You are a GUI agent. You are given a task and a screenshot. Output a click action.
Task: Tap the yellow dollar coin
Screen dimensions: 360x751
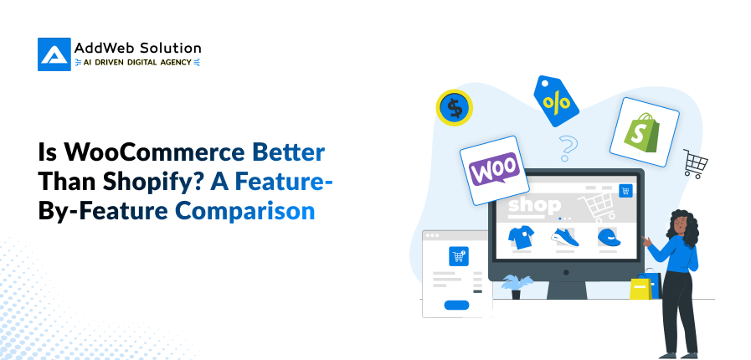pyautogui.click(x=455, y=107)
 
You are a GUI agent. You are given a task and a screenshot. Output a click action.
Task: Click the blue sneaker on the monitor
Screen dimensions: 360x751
pyautogui.click(x=564, y=239)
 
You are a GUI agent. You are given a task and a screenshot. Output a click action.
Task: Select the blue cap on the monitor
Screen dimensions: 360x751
pyautogui.click(x=608, y=238)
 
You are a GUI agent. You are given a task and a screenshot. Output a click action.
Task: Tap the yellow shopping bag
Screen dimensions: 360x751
pyautogui.click(x=642, y=287)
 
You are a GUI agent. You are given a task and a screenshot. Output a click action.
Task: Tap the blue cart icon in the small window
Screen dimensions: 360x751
pyautogui.click(x=458, y=257)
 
